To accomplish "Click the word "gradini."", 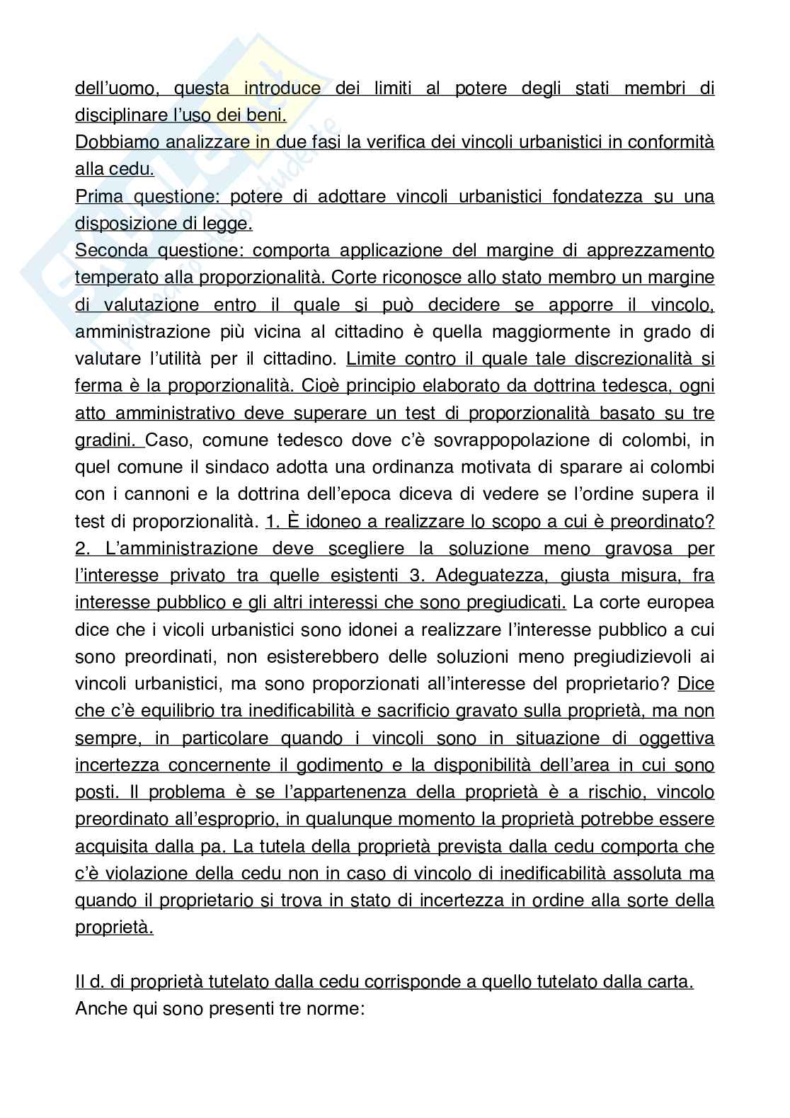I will coord(108,440).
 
